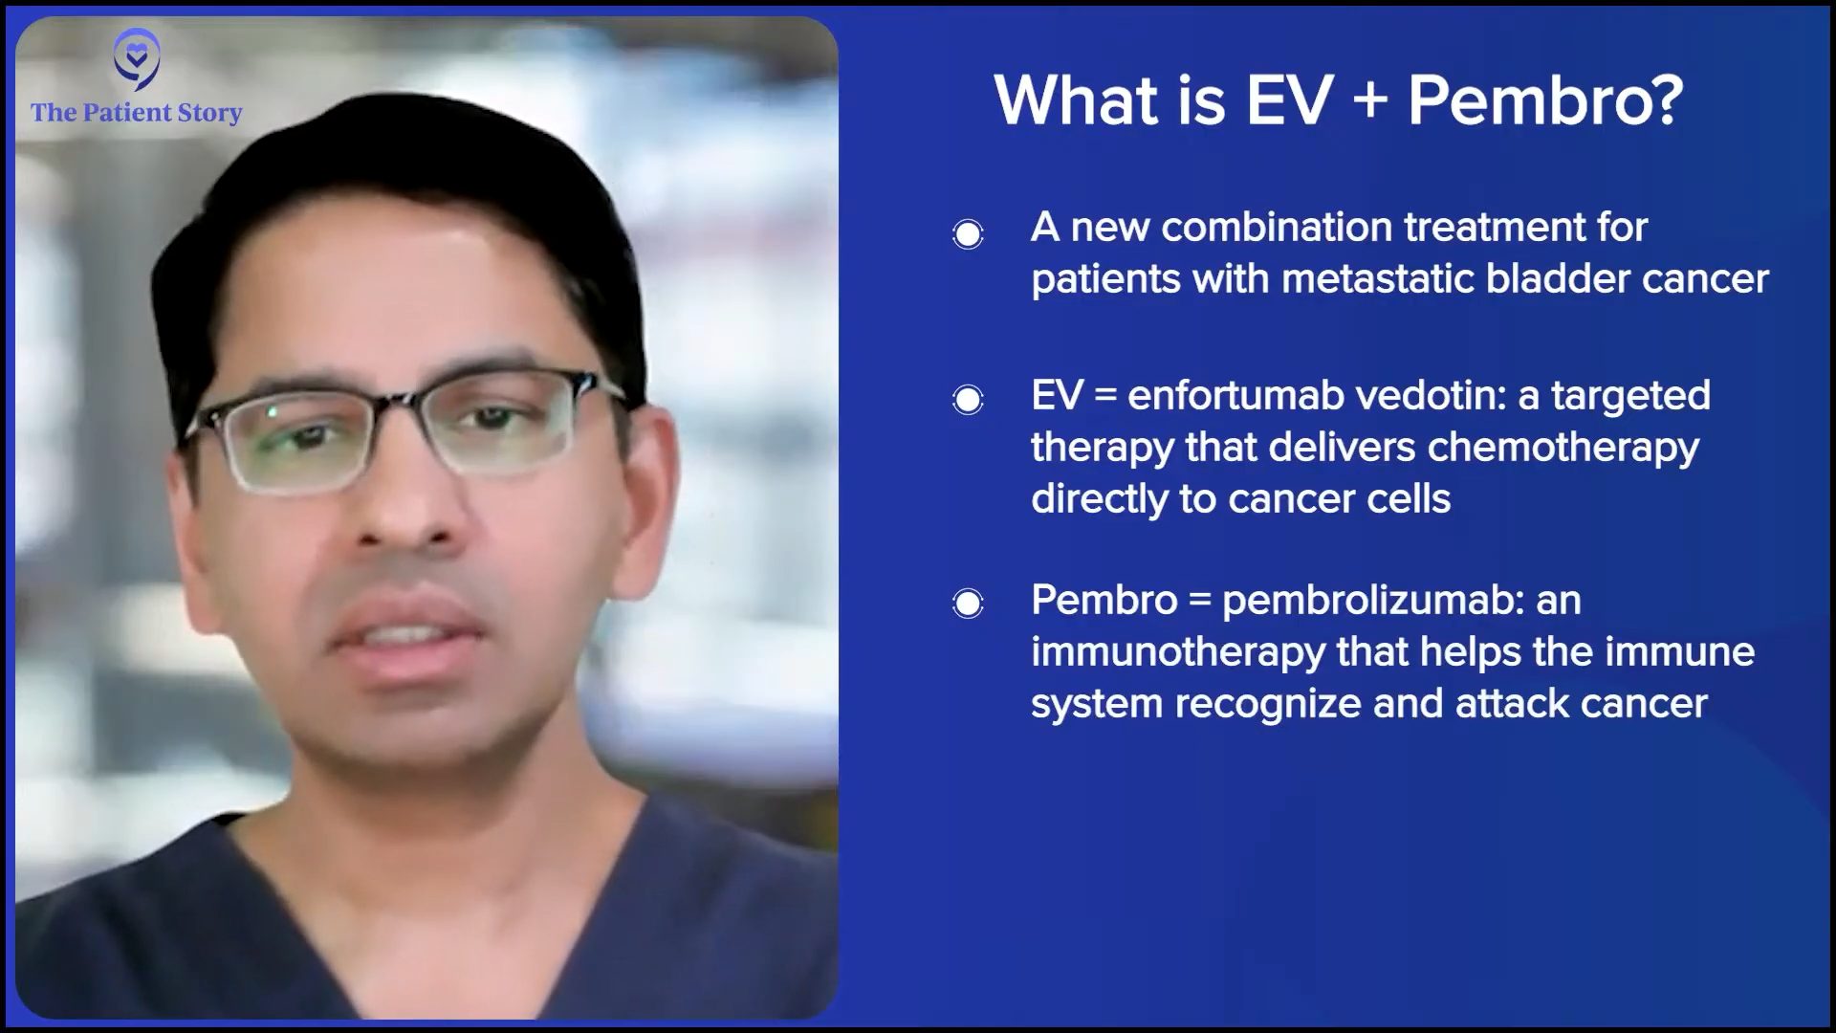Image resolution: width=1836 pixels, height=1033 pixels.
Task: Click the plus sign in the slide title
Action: (x=1370, y=100)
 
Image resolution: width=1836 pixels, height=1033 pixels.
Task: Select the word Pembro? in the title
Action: (x=1545, y=99)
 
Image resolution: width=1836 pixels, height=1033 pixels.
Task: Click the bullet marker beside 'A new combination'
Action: (x=968, y=233)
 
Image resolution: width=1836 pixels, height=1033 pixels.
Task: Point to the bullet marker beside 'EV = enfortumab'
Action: (x=968, y=399)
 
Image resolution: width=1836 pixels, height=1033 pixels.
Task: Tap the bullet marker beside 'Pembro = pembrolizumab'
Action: (x=968, y=603)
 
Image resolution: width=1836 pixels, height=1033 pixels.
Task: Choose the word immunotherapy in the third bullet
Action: (x=1178, y=653)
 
